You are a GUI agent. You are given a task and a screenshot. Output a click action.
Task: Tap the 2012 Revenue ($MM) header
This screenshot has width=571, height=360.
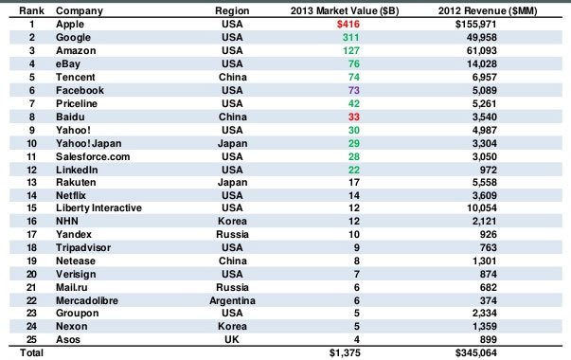490,10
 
